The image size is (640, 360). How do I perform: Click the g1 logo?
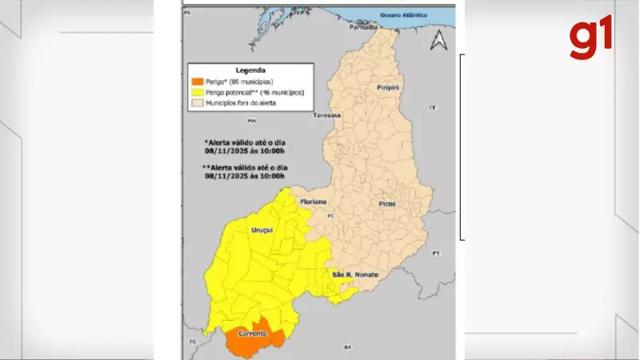pyautogui.click(x=591, y=38)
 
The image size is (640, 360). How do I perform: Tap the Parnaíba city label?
pyautogui.click(x=362, y=26)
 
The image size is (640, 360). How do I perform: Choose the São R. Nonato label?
pyautogui.click(x=355, y=275)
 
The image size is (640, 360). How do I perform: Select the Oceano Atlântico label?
pyautogui.click(x=403, y=14)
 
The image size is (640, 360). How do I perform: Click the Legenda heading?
pyautogui.click(x=249, y=70)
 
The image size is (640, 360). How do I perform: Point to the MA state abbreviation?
pyautogui.click(x=251, y=121)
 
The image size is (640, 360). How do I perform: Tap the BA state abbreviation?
pyautogui.click(x=347, y=347)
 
